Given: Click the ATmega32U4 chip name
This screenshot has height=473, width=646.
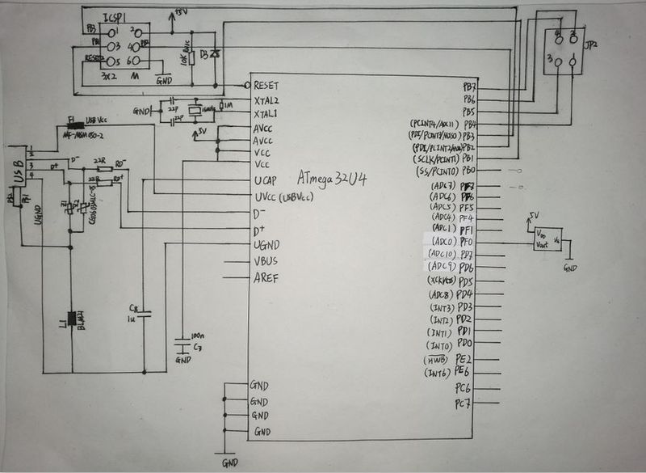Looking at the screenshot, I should tap(332, 178).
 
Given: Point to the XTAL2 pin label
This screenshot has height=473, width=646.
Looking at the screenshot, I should tap(266, 99).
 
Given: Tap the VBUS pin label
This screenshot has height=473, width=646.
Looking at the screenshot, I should tap(266, 262).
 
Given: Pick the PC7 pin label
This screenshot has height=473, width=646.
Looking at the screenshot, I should tap(463, 402).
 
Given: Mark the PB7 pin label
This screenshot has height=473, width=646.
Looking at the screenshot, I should tap(469, 86).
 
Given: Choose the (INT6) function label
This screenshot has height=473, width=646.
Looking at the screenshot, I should tap(438, 373).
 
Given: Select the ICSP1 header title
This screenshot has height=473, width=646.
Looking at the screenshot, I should tap(117, 15).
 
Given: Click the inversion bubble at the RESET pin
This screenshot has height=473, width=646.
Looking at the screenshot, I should tap(248, 85).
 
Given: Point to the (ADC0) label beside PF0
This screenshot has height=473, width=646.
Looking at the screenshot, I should tap(442, 242).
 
